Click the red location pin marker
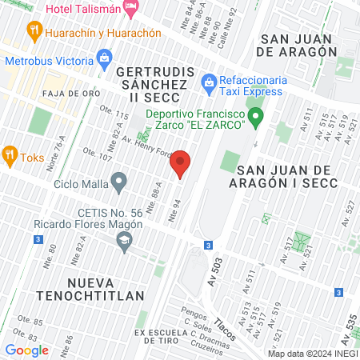[181, 164]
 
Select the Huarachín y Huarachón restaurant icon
[34, 32]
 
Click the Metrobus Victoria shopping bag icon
[104, 58]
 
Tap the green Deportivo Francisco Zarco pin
[256, 120]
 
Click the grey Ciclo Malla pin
[119, 183]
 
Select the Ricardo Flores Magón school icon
[123, 242]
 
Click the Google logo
[26, 350]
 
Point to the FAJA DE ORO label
[70, 93]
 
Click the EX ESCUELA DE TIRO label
[175, 332]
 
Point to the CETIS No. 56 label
[110, 212]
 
